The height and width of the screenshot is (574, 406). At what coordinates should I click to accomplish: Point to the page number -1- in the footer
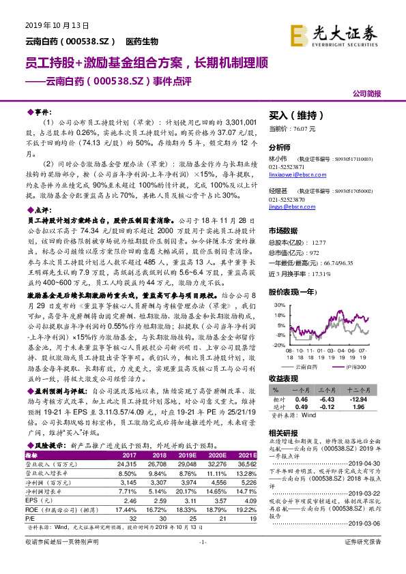(202, 560)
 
